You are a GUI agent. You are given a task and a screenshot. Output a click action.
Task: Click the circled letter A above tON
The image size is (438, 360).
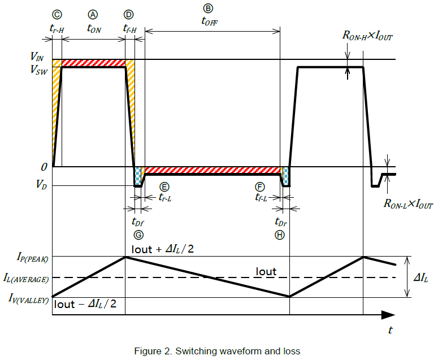click(x=93, y=15)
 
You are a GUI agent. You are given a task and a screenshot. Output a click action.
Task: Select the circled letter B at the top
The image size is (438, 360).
click(x=208, y=8)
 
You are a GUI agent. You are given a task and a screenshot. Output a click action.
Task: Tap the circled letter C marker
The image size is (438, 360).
click(x=57, y=15)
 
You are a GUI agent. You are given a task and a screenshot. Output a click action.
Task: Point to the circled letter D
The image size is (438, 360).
click(x=128, y=15)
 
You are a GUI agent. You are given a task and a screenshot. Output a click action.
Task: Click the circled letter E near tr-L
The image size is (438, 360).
click(x=164, y=187)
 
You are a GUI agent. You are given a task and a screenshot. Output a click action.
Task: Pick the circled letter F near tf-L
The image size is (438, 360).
click(x=260, y=187)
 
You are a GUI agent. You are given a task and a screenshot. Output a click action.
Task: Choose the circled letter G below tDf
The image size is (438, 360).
click(x=138, y=235)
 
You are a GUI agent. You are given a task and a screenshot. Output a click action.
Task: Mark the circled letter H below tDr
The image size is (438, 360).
click(x=280, y=235)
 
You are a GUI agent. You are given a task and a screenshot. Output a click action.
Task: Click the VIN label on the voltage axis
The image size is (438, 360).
click(x=37, y=57)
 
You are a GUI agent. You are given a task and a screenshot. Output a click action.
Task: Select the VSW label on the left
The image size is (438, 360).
click(x=39, y=70)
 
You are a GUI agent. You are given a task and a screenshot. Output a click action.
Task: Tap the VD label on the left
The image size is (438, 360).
click(x=41, y=184)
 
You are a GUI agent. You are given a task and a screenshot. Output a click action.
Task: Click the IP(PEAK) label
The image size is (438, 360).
click(x=32, y=257)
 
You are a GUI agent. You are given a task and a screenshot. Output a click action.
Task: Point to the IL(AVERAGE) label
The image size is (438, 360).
click(x=26, y=278)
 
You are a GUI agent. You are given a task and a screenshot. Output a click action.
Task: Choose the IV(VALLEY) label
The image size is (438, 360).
click(x=28, y=298)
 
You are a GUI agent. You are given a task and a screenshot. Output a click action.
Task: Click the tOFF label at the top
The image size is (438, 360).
click(x=210, y=21)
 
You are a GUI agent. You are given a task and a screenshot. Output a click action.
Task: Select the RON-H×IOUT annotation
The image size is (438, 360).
click(x=367, y=36)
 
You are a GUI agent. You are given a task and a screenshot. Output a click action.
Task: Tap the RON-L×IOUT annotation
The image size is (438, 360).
click(x=408, y=203)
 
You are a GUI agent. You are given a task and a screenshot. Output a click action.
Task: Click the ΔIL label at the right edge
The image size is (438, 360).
click(x=420, y=277)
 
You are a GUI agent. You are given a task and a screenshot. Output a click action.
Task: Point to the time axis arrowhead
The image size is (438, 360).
click(x=388, y=315)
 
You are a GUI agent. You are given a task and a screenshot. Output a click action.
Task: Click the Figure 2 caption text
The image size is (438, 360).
click(x=217, y=351)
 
